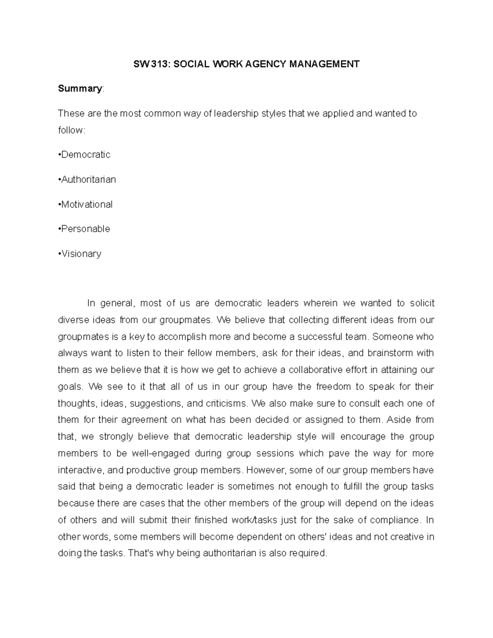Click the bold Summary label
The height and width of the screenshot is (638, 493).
[x=80, y=89]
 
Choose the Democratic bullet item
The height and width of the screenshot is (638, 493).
[x=85, y=155]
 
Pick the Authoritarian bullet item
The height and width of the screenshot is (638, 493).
[x=87, y=180]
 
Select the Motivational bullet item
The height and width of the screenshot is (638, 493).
[x=85, y=205]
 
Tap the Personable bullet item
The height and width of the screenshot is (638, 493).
[x=84, y=229]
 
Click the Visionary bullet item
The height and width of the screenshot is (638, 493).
[x=80, y=254]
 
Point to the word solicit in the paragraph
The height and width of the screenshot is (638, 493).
[x=422, y=303]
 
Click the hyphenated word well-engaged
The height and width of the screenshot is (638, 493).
[x=161, y=454]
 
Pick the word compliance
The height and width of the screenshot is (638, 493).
[x=395, y=520]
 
